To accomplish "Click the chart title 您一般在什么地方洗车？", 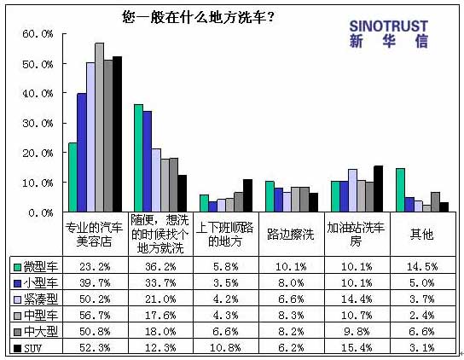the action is pyautogui.click(x=198, y=17).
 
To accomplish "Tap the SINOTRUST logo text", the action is pyautogui.click(x=389, y=26).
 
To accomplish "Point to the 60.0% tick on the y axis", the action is pyautogui.click(x=38, y=34).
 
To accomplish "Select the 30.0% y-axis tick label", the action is pyautogui.click(x=38, y=123).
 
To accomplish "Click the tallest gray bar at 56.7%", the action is pyautogui.click(x=100, y=127).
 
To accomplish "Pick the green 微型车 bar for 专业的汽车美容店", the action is pyautogui.click(x=72, y=177).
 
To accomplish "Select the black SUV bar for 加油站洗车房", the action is pyautogui.click(x=379, y=189).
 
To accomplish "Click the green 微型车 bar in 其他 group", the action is pyautogui.click(x=400, y=190).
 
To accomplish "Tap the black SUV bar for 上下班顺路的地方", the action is pyautogui.click(x=247, y=195).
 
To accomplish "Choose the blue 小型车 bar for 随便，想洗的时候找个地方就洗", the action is pyautogui.click(x=148, y=161).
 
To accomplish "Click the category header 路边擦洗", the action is pyautogui.click(x=290, y=235).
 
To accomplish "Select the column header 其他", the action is pyautogui.click(x=421, y=235).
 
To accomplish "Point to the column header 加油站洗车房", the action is pyautogui.click(x=356, y=235).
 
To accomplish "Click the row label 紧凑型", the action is pyautogui.click(x=41, y=299).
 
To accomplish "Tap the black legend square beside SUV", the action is pyautogui.click(x=18, y=348).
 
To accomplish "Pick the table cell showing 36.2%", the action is pyautogui.click(x=160, y=267).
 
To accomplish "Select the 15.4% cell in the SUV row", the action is pyautogui.click(x=357, y=347).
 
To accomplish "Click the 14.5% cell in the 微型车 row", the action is pyautogui.click(x=422, y=267).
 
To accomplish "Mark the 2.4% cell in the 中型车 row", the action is pyautogui.click(x=422, y=315).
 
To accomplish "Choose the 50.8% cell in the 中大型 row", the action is pyautogui.click(x=95, y=331).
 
